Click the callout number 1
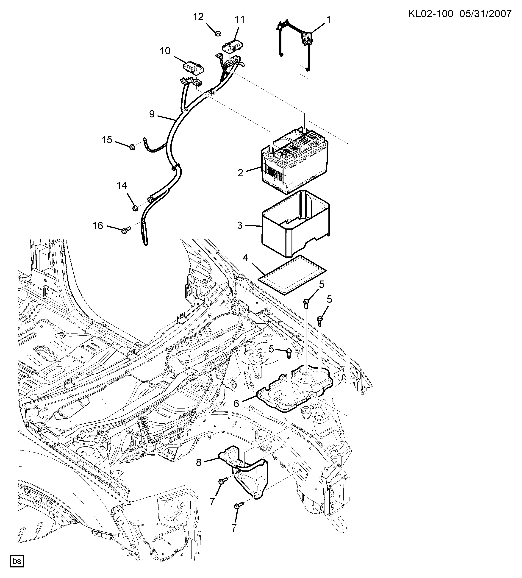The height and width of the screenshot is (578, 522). (x=328, y=20)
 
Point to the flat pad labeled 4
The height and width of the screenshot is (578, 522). (x=292, y=275)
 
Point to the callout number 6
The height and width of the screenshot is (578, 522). (x=236, y=403)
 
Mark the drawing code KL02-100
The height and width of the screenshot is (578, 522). (x=430, y=14)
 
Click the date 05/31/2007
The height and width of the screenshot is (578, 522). (x=486, y=14)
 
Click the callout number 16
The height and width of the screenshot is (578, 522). (x=97, y=226)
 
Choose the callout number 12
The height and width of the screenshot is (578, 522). (x=198, y=17)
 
